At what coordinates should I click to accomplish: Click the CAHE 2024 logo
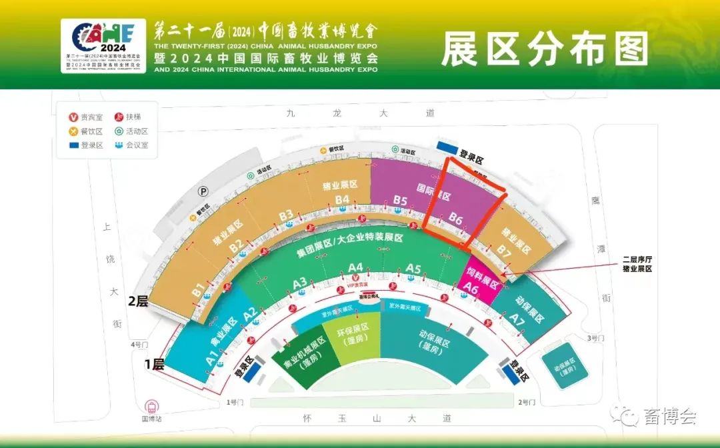coord(103,45)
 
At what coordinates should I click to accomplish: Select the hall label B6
coord(455,217)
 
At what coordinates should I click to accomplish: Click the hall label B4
coord(343,199)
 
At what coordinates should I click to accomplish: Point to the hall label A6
coord(471,289)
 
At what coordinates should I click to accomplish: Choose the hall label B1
coord(198,290)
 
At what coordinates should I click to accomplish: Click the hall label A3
coord(300,283)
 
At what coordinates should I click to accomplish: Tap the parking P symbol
coord(203,191)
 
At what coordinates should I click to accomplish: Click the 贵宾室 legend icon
coord(73,117)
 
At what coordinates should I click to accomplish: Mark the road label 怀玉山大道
coord(377,419)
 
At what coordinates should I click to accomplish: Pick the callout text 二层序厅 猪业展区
coord(637,263)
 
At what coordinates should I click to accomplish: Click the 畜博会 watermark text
coord(670,417)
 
